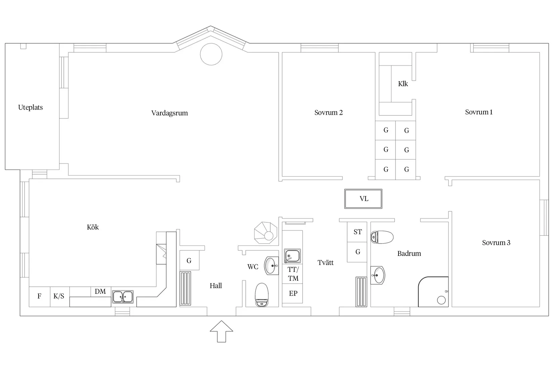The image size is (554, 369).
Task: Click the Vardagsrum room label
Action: [170, 113]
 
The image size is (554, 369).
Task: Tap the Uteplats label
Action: [31, 107]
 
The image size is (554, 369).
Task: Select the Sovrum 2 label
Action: [328, 112]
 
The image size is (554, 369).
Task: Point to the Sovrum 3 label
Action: [496, 243]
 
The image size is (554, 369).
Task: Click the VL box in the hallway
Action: [363, 199]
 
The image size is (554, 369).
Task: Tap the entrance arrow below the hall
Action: [221, 331]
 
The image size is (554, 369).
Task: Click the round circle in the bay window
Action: [211, 54]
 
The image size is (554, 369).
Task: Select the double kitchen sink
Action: [123, 297]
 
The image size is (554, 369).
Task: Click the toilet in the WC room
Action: [262, 295]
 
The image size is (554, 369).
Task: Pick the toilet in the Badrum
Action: [382, 237]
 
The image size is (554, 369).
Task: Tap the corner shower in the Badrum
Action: [433, 292]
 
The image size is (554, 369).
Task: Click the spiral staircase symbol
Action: [266, 233]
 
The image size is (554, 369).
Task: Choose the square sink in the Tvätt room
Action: [292, 256]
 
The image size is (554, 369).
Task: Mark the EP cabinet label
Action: [293, 294]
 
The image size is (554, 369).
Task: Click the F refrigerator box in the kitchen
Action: [40, 297]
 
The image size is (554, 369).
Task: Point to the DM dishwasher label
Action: [100, 292]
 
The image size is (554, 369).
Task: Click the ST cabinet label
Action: [358, 232]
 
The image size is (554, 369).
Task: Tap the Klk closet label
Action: [403, 84]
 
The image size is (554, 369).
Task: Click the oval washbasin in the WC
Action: [271, 266]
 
